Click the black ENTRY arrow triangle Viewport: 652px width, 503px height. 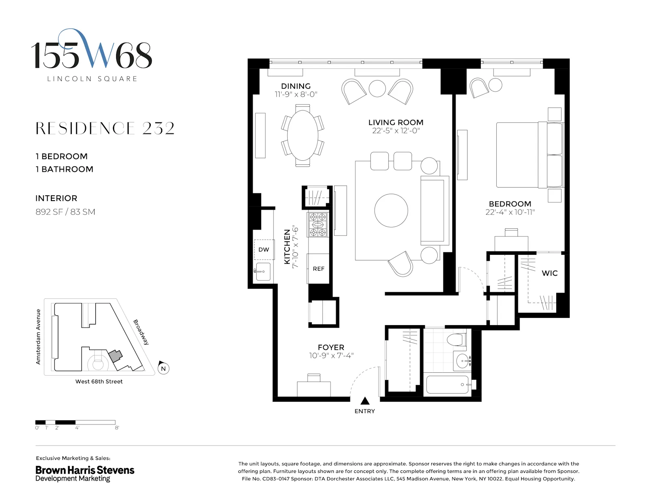pos(365,401)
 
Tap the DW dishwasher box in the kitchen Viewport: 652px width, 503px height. pos(264,249)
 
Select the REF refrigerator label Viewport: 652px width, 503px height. pos(319,269)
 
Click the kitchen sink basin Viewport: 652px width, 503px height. pos(263,272)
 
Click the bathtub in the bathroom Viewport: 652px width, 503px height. pos(447,384)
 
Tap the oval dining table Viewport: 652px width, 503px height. pos(302,136)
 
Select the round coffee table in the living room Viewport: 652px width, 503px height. pos(391,210)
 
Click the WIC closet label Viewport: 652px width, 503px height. pos(549,273)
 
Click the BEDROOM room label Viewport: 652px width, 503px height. pos(510,204)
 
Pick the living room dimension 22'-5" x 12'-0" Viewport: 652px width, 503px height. pos(396,131)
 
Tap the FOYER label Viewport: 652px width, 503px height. pos(331,347)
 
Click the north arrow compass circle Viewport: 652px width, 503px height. pos(163,369)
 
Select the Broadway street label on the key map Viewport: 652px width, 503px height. pos(141,332)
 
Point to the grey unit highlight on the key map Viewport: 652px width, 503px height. pos(115,356)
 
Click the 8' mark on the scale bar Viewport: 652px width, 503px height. pos(117,428)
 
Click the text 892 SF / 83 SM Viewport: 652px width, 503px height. pos(65,212)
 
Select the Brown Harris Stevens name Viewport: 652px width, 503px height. pos(85,470)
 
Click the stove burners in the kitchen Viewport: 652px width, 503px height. pos(318,225)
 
